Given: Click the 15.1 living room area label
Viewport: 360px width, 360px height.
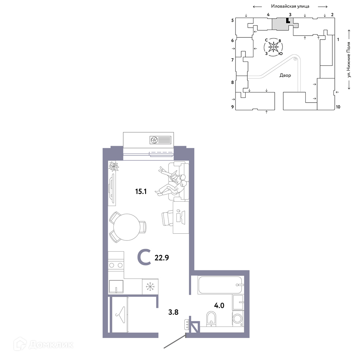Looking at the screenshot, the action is click(141, 191).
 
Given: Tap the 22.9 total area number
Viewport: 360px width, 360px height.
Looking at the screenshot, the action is click(162, 258).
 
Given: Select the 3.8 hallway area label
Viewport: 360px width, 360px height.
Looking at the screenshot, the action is click(174, 312).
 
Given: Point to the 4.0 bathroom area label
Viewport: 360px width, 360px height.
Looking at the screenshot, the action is click(219, 305).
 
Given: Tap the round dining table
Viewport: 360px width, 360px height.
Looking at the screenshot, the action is click(127, 227).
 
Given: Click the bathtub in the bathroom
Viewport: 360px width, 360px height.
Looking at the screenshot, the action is click(220, 285).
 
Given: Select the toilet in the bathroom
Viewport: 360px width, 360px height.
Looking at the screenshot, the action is click(211, 319).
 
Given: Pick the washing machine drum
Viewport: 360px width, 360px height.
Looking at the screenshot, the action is click(237, 319).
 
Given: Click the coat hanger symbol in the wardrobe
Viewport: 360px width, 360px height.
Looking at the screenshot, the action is click(120, 315).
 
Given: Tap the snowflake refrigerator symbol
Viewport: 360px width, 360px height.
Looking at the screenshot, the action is click(150, 287).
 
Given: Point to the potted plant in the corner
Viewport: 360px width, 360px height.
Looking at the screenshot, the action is click(113, 166).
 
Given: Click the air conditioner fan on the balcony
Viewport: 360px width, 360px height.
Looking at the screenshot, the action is click(154, 140).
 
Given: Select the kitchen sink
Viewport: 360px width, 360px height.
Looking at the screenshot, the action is click(116, 287).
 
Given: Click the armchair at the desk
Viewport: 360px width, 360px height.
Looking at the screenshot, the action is click(167, 218).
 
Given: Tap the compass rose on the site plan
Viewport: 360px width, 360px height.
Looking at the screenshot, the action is click(273, 47).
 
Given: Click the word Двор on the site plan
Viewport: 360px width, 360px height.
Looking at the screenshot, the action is click(285, 75).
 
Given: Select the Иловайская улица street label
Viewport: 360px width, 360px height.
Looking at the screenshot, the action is click(290, 6).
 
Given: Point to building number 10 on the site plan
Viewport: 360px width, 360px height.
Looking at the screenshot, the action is click(338, 107).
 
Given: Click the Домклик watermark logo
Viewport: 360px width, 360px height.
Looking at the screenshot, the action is click(44, 345).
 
